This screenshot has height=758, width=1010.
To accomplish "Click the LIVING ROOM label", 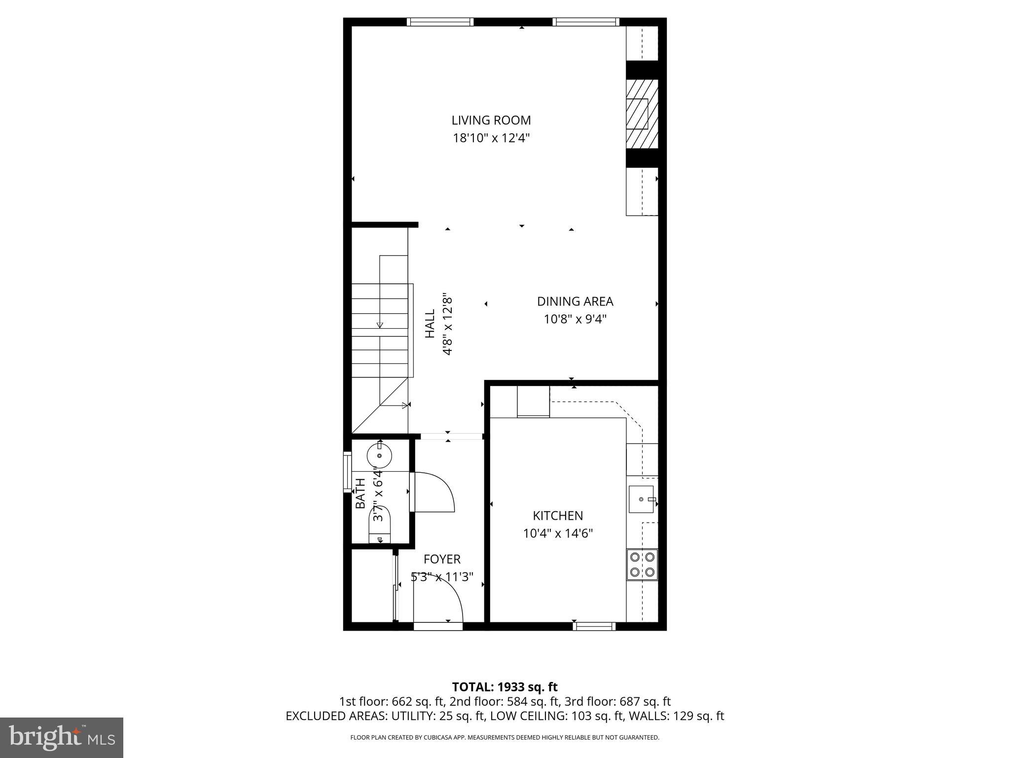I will coord(491,120).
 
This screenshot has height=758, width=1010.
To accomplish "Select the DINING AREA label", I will coord(575,302).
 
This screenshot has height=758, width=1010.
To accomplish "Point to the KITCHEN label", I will coord(558,516).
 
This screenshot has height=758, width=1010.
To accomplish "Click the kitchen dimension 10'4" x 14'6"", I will coord(558,533).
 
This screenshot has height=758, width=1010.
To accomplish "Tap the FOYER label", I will coord(442,559).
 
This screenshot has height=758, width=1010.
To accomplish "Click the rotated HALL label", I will coord(431,324).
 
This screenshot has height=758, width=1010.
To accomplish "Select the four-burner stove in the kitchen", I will coord(642,565).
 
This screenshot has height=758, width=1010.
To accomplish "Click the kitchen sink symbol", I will coord(642,499).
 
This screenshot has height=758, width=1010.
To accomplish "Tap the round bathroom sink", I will coord(379,455).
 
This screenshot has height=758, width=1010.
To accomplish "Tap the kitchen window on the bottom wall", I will coord(594,626).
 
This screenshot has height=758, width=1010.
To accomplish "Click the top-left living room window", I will coord(440,22).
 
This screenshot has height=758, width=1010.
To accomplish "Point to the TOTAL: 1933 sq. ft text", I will coord(505,687).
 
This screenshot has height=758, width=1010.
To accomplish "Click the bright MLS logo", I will coord(62,737).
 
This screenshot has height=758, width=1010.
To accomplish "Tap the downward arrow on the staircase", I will coord(380,324).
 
